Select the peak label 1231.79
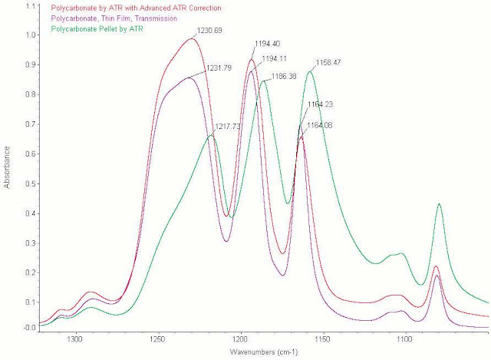[x=219, y=68]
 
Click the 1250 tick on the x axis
[x=158, y=338]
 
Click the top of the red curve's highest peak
[x=191, y=38]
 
